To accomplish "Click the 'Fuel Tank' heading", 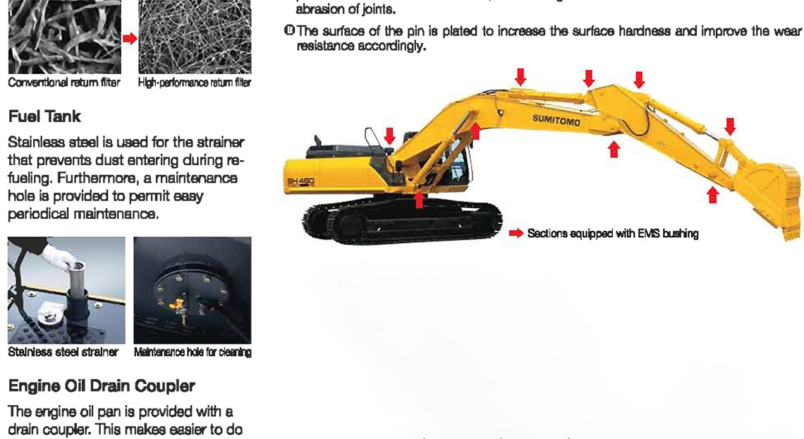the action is [x=44, y=116].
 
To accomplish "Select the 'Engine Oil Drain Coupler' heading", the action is [x=102, y=385].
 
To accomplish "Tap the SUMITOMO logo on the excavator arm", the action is [x=556, y=121].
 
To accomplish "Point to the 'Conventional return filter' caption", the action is [x=64, y=83].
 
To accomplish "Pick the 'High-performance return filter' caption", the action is [x=195, y=83].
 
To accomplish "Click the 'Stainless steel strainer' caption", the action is [x=63, y=351].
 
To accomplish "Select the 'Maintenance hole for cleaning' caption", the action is [x=193, y=351].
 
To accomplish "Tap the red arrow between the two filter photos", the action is [x=130, y=38].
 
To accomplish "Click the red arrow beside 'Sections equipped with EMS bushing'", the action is [x=516, y=234].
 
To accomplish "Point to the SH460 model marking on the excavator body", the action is [x=301, y=182].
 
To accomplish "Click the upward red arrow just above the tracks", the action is [x=420, y=200].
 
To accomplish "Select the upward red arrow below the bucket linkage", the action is [x=712, y=194].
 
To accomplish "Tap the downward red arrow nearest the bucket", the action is [x=730, y=126].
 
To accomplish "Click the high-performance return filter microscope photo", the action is [x=195, y=37].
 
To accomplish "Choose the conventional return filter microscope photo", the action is [x=65, y=37].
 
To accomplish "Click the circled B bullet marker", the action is [x=289, y=30].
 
